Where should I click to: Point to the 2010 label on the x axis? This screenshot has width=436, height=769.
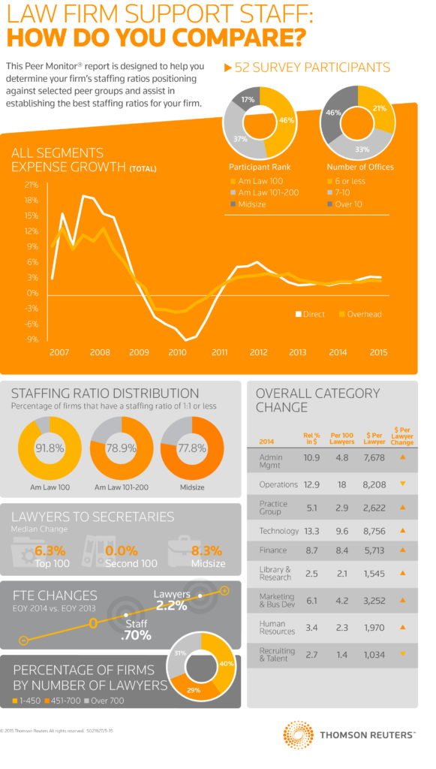(x=177, y=352)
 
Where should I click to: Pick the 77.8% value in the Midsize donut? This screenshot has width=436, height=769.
(x=193, y=449)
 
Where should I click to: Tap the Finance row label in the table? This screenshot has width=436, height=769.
(x=272, y=550)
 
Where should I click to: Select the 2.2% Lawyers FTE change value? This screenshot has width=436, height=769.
(x=172, y=605)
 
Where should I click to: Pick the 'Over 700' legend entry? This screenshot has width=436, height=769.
(x=107, y=701)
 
